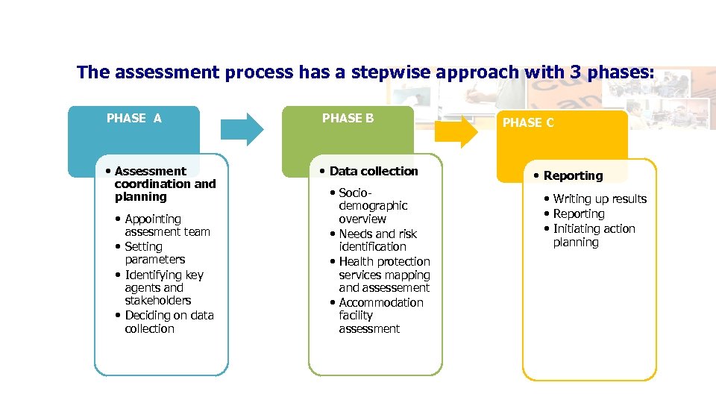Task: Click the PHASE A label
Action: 134,118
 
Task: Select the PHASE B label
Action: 348,118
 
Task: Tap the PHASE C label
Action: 528,123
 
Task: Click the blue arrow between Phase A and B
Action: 245,128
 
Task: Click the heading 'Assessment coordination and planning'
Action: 165,184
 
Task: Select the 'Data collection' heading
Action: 373,171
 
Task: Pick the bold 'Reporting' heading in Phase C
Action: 573,176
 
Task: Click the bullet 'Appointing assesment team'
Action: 166,225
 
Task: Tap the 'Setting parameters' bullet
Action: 154,253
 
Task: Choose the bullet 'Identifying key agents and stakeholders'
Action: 163,287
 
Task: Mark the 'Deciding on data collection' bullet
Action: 169,322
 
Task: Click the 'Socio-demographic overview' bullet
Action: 372,206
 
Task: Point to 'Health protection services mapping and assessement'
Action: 383,275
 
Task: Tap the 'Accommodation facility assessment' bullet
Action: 380,316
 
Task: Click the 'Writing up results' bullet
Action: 600,199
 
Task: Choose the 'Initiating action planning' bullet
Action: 594,235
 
